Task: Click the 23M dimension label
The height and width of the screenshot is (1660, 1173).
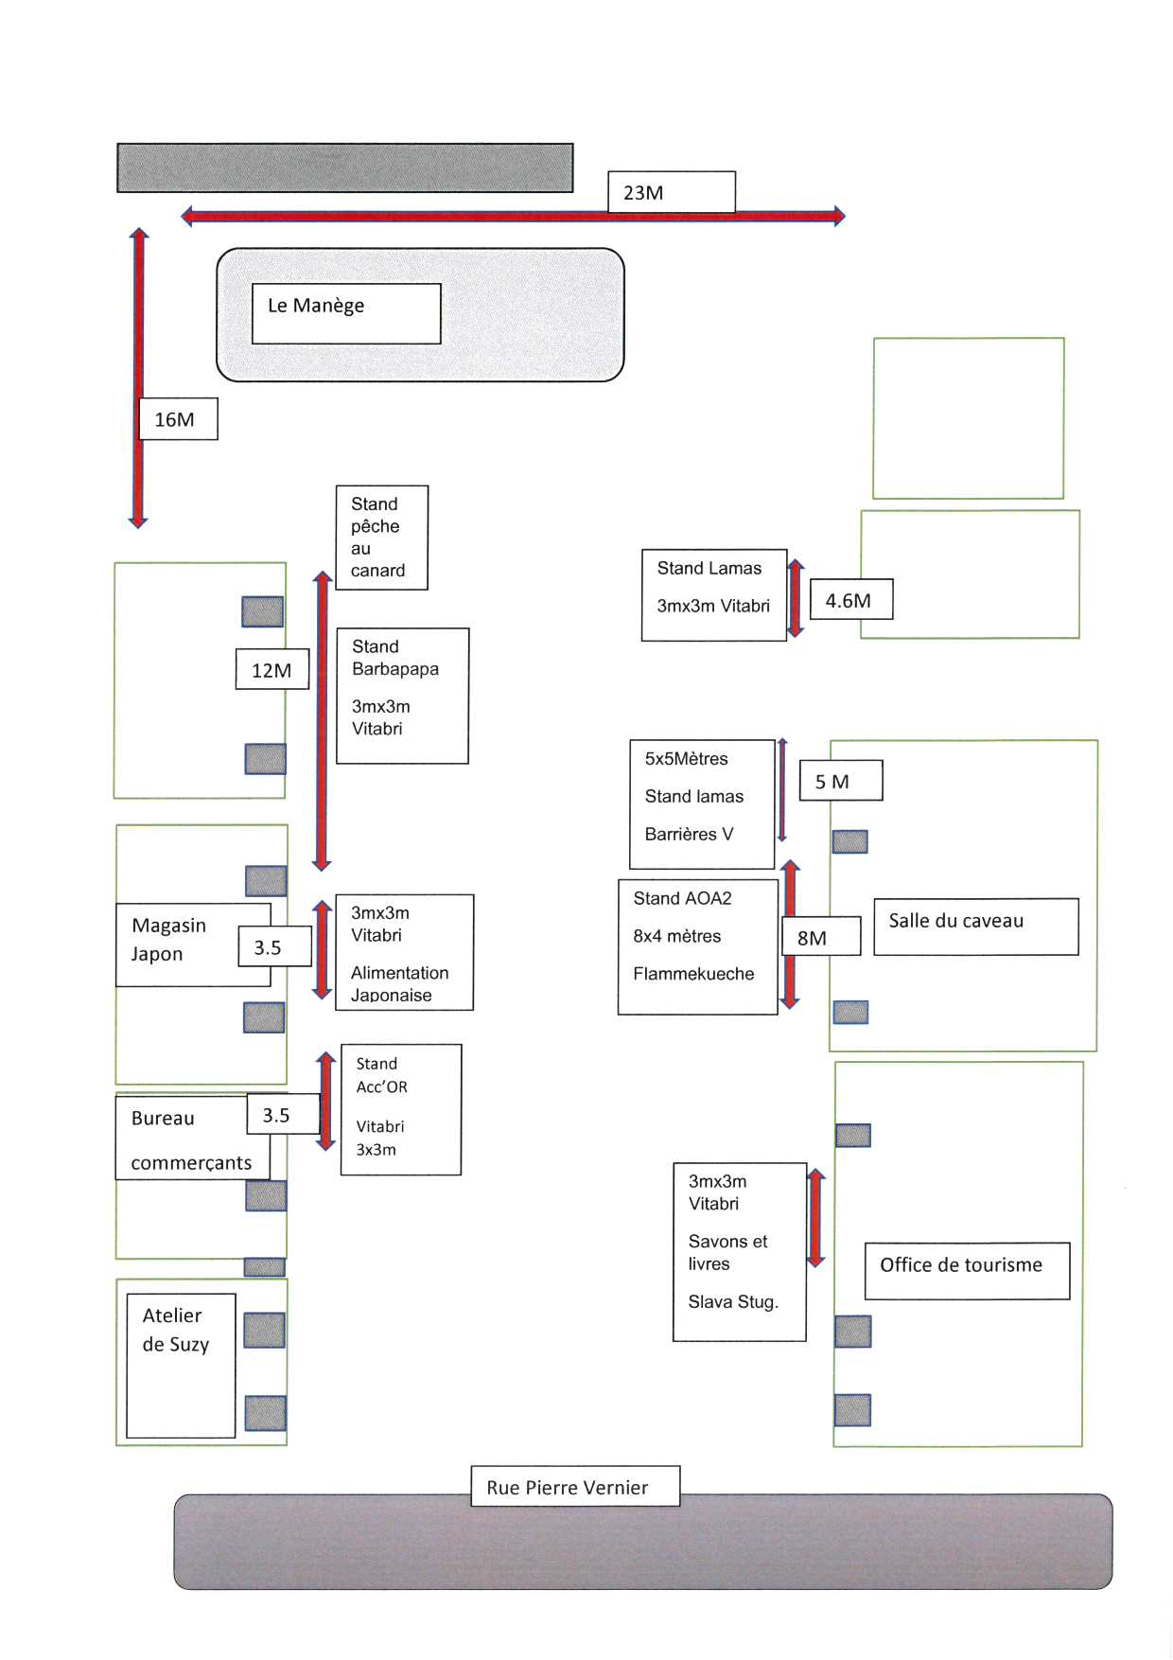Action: point(672,192)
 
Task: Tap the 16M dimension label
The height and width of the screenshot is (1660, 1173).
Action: point(178,418)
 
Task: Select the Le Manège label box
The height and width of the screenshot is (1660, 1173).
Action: point(346,313)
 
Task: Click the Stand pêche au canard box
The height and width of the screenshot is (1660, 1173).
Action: point(382,538)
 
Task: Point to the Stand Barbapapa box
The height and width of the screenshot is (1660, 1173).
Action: point(403,696)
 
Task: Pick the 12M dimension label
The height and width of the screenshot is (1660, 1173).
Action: point(272,669)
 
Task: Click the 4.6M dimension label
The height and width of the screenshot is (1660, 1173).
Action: point(851,599)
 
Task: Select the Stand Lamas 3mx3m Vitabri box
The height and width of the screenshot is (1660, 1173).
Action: point(714,595)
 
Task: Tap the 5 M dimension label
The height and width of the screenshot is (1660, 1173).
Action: point(841,781)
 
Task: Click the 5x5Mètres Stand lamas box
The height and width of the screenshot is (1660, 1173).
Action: point(702,804)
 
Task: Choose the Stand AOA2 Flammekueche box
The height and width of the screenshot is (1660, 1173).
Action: point(698,947)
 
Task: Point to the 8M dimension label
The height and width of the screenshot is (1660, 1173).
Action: point(821,936)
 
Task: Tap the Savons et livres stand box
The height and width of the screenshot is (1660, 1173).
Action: point(740,1252)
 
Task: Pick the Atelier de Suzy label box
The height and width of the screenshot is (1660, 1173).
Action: point(181,1366)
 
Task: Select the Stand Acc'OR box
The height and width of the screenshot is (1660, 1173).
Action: point(401,1110)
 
